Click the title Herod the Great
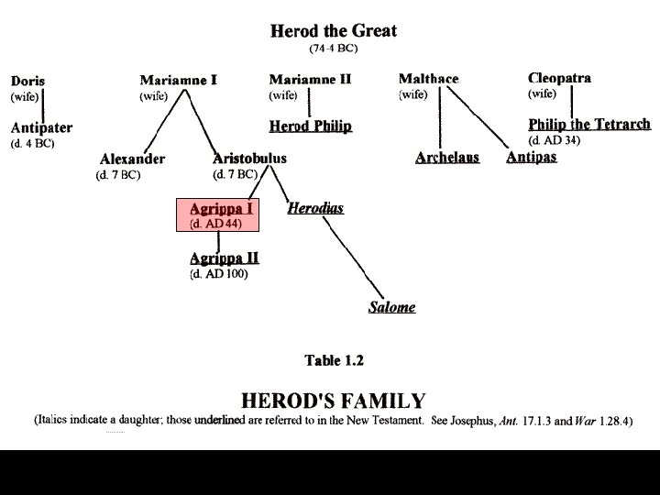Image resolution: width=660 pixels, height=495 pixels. (334, 31)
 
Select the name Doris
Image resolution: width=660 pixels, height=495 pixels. (27, 81)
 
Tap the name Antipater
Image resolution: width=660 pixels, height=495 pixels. (41, 127)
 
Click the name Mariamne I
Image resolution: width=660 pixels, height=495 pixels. (178, 80)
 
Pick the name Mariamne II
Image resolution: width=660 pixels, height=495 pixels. (310, 80)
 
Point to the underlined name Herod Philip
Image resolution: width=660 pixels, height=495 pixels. (310, 126)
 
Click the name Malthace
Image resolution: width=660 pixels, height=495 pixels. (428, 79)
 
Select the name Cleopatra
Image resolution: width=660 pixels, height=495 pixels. (559, 78)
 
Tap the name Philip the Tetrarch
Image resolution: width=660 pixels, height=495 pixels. (589, 124)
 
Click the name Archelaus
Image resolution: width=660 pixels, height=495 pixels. (446, 158)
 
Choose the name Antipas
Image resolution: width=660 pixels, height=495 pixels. (531, 157)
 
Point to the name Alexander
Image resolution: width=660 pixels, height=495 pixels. (132, 159)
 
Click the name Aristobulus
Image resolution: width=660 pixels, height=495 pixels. (249, 158)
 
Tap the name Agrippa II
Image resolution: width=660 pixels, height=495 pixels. (225, 258)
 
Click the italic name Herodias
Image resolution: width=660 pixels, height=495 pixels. (315, 208)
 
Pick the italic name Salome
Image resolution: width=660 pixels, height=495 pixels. (391, 307)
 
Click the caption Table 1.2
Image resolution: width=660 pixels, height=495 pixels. (334, 360)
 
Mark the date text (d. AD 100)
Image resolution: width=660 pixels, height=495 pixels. (218, 274)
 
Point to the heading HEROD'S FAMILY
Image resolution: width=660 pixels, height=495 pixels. (333, 401)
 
